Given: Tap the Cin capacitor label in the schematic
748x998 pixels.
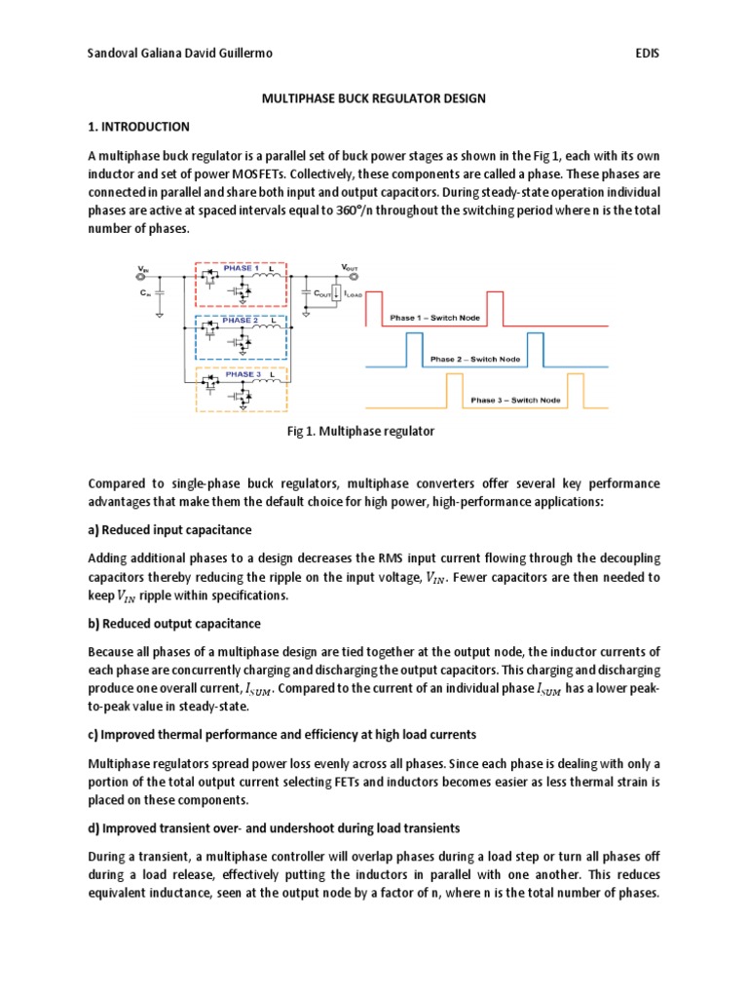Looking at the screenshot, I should (145, 291).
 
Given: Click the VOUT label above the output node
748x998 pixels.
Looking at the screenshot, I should (349, 267).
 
